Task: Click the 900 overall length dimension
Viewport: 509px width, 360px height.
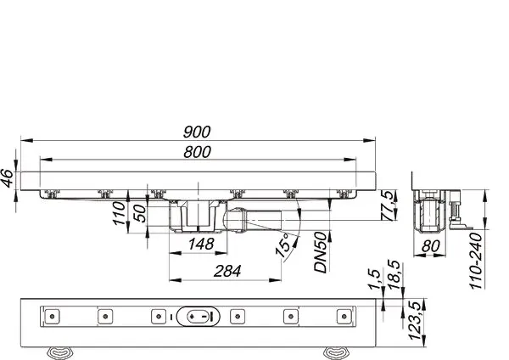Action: coord(198,132)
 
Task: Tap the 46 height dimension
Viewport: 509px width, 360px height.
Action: coord(8,177)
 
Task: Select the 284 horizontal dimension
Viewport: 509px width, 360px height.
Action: coord(224,271)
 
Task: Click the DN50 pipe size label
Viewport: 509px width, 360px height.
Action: coord(320,252)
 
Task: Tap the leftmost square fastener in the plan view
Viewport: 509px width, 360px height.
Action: coord(53,317)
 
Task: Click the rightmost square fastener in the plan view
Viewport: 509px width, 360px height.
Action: coord(343,317)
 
